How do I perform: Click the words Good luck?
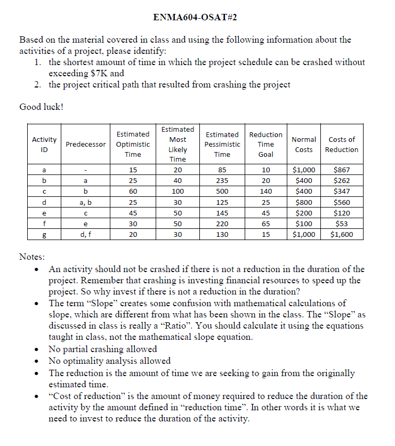click(x=41, y=107)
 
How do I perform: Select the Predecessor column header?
click(x=85, y=144)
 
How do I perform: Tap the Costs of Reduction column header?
click(x=342, y=144)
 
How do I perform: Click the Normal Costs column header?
click(x=304, y=144)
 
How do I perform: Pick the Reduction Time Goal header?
click(x=265, y=144)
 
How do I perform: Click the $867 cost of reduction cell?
click(x=342, y=170)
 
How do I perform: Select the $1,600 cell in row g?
click(x=342, y=234)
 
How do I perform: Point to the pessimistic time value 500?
click(x=222, y=192)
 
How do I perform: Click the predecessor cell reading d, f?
click(x=85, y=234)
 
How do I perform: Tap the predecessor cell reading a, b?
click(x=85, y=202)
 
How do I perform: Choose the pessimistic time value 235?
click(x=222, y=181)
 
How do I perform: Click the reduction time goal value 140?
click(x=265, y=192)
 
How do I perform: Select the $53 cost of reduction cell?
click(x=342, y=224)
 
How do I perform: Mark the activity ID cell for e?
click(x=44, y=213)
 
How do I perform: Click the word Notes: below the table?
click(x=32, y=257)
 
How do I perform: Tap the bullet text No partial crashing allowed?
click(x=102, y=349)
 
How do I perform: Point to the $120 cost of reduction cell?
click(x=342, y=213)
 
